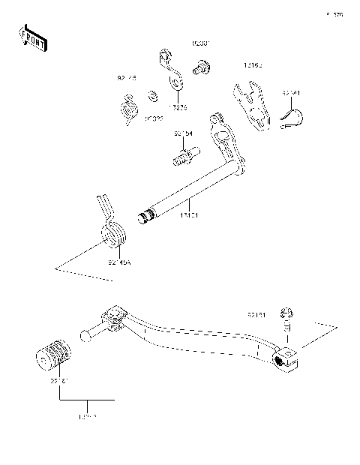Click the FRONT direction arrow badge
pyautogui.click(x=33, y=37)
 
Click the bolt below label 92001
pyautogui.click(x=200, y=70)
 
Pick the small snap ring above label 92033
pyautogui.click(x=152, y=97)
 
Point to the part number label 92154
pyautogui.click(x=183, y=133)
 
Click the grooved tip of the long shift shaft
pyautogui.click(x=147, y=217)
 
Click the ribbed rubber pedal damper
pyautogui.click(x=54, y=358)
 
